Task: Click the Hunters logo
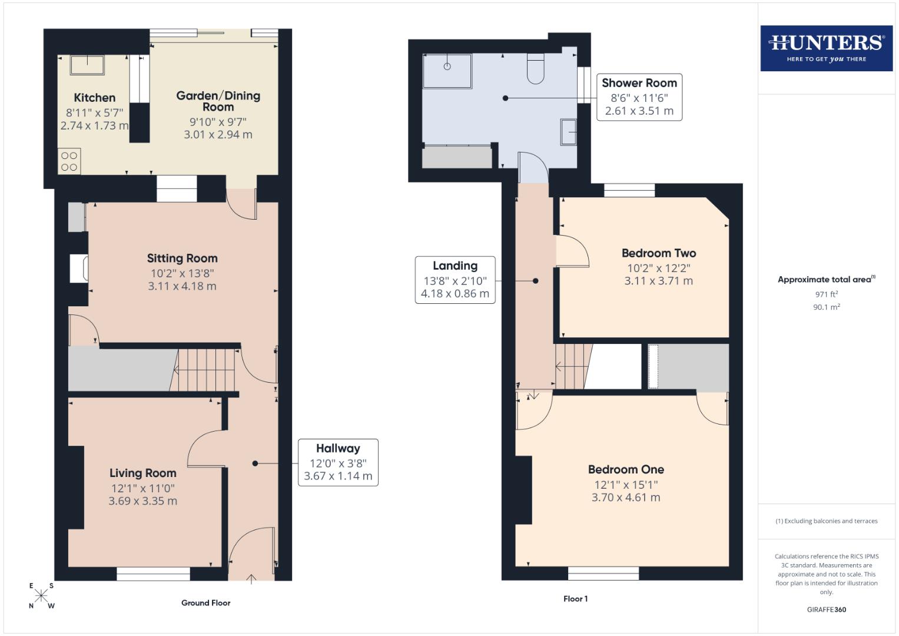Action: [826, 48]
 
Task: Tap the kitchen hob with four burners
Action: [69, 161]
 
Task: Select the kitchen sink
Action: [87, 65]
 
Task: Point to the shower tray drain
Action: [447, 67]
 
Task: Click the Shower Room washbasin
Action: [569, 132]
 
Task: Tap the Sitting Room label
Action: [182, 258]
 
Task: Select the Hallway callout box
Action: [338, 462]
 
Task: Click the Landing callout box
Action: [455, 280]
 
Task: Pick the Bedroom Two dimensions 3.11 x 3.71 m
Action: [658, 281]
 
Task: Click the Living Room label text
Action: [142, 473]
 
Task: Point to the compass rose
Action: [41, 595]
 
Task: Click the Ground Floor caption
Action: [205, 602]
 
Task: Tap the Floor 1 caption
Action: [575, 598]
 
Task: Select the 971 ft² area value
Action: [826, 294]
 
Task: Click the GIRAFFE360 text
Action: [826, 609]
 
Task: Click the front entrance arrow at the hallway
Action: [251, 579]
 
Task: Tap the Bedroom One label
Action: [626, 469]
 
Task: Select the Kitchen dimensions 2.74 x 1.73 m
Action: [94, 125]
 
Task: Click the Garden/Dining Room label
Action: [218, 101]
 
